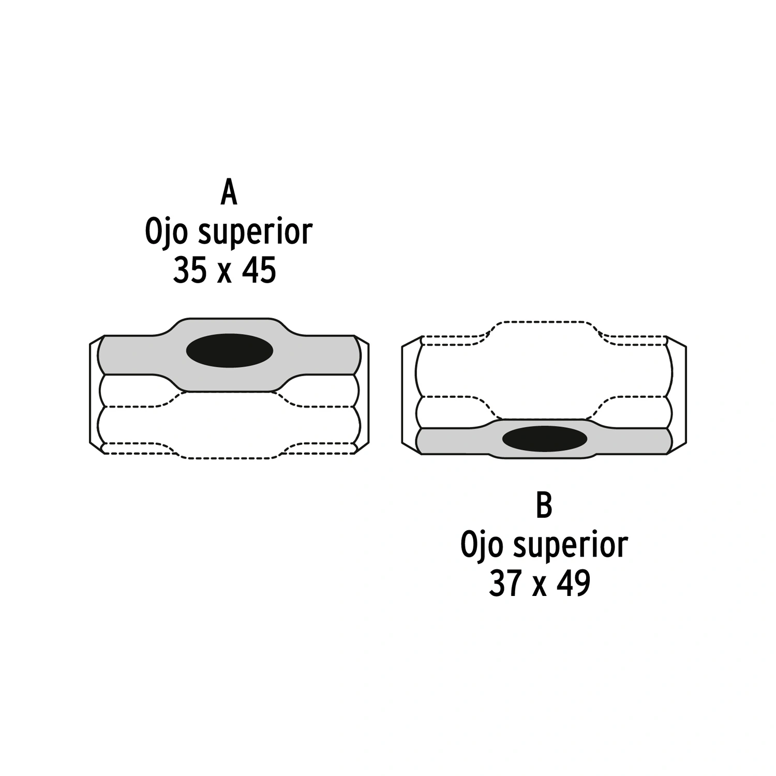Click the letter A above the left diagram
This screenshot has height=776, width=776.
(229, 192)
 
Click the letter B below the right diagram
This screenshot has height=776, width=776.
(544, 505)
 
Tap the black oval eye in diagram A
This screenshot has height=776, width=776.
(230, 351)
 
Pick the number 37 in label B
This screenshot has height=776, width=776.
(505, 584)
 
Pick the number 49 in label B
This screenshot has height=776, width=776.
(574, 584)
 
